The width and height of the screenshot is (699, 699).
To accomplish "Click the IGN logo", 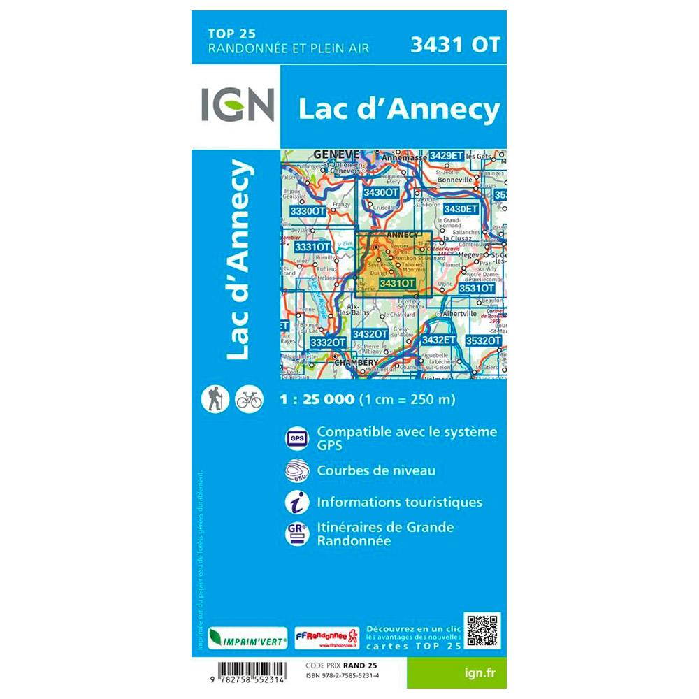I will (236, 106).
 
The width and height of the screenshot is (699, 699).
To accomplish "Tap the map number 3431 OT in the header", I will (456, 45).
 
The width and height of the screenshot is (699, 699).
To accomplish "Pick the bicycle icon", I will (250, 399).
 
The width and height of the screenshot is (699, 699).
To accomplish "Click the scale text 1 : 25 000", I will (317, 401).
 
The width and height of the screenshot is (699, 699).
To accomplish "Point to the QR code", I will (484, 630).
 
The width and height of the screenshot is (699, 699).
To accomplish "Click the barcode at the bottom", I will (244, 672).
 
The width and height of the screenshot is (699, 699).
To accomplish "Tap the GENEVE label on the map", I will (336, 154).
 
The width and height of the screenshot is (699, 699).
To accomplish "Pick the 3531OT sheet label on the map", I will (476, 287).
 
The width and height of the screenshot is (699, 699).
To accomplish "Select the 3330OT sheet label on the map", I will (308, 210).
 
